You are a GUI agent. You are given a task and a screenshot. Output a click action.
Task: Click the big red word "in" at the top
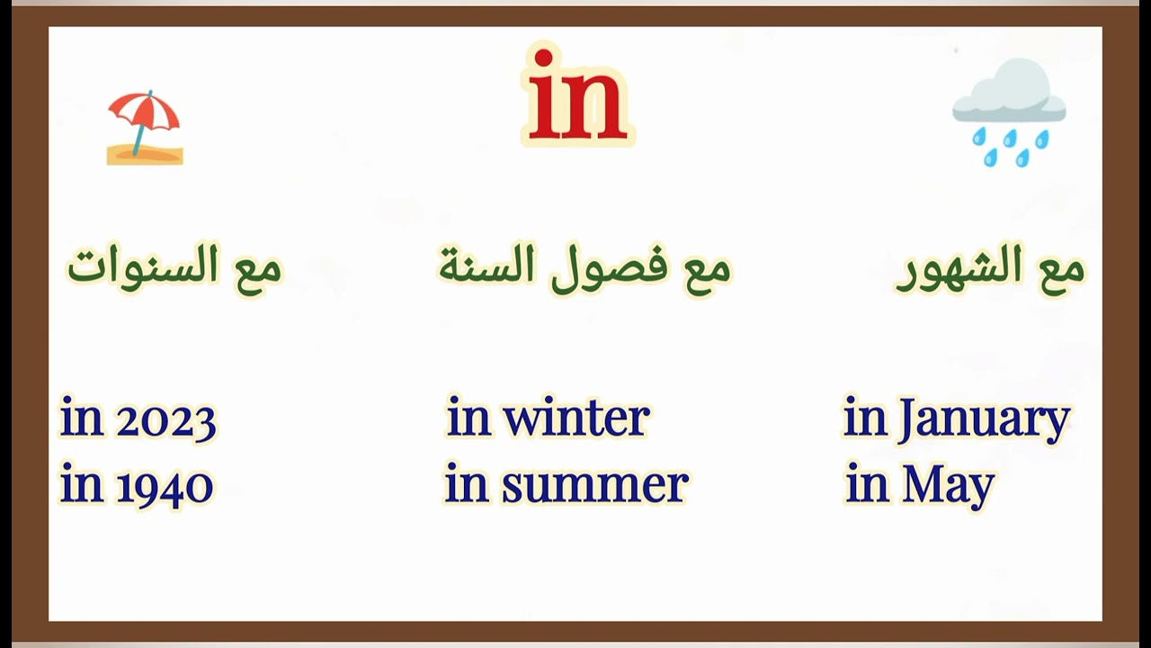577,97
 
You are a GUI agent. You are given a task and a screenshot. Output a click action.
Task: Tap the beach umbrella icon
145,128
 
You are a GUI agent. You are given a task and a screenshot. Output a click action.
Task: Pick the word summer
594,486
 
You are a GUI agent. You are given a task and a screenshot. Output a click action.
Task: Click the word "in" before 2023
81,419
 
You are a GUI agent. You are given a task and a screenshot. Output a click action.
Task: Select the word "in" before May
867,486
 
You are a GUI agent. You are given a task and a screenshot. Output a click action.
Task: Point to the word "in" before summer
466,486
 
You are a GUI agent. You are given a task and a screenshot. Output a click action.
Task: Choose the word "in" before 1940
81,486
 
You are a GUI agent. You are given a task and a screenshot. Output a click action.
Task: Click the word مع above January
1059,267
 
